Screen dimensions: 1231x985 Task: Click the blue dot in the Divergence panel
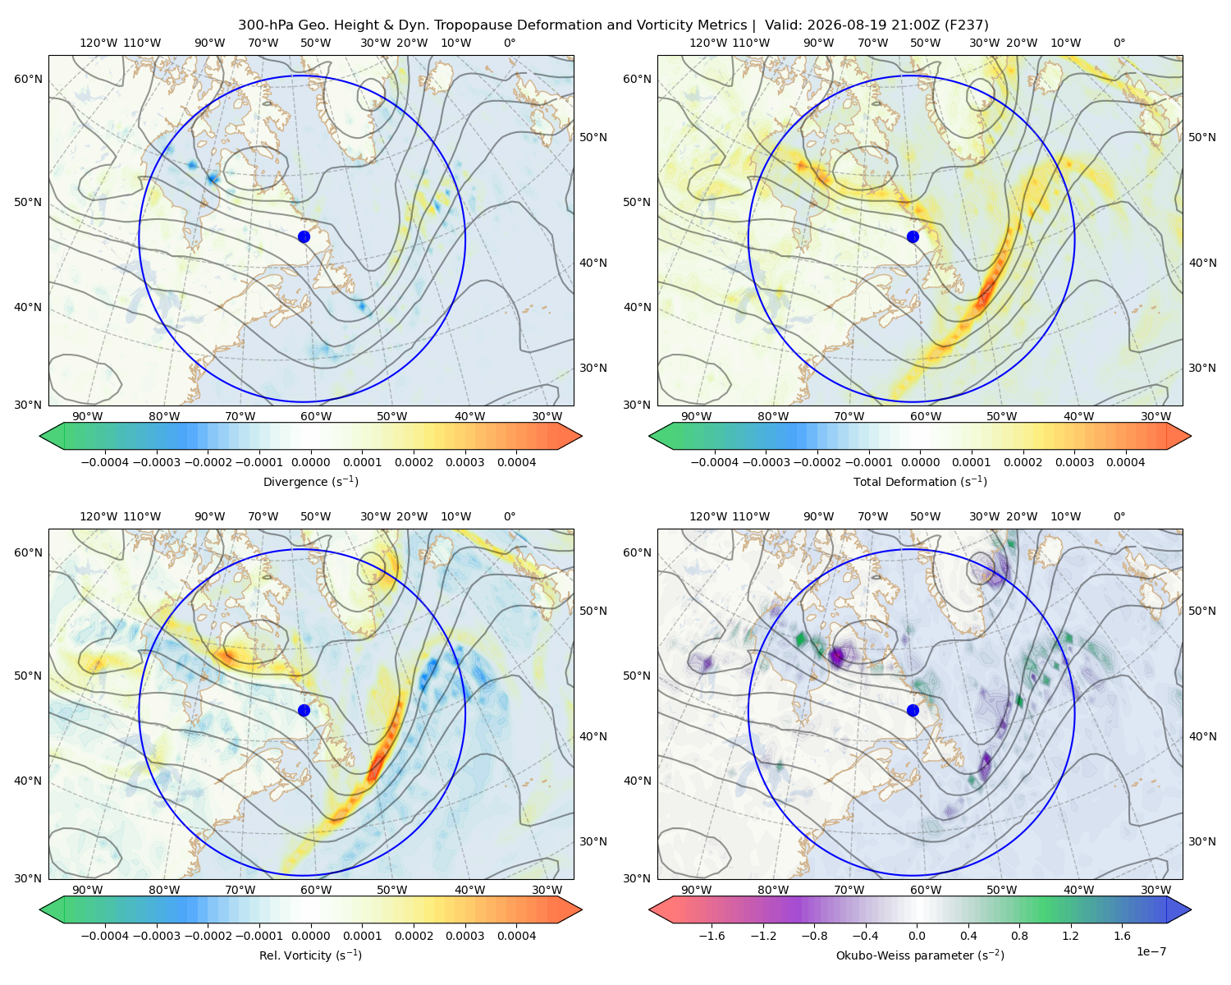click(304, 237)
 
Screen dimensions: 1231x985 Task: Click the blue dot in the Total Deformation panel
click(913, 237)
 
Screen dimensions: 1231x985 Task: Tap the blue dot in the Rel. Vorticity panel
click(304, 710)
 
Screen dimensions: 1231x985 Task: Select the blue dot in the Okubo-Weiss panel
click(913, 710)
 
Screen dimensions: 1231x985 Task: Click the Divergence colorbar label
click(310, 482)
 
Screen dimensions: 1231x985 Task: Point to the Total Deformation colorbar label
click(920, 482)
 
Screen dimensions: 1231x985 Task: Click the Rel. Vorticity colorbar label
click(310, 955)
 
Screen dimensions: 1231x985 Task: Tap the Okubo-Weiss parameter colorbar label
click(920, 955)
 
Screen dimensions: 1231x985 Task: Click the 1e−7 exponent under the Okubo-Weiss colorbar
click(1151, 952)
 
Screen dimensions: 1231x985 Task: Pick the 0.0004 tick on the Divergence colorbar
click(516, 462)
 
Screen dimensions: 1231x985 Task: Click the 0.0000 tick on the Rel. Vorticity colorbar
click(310, 936)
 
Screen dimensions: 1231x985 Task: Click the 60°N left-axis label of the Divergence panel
click(28, 79)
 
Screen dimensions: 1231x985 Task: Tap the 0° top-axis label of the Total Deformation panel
click(1119, 43)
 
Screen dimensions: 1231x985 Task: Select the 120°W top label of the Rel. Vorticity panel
click(98, 516)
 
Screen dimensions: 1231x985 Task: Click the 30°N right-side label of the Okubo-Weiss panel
click(1201, 841)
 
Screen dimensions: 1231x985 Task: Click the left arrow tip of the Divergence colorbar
click(40, 436)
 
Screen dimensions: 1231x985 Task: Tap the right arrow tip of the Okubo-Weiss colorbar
click(1191, 909)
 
